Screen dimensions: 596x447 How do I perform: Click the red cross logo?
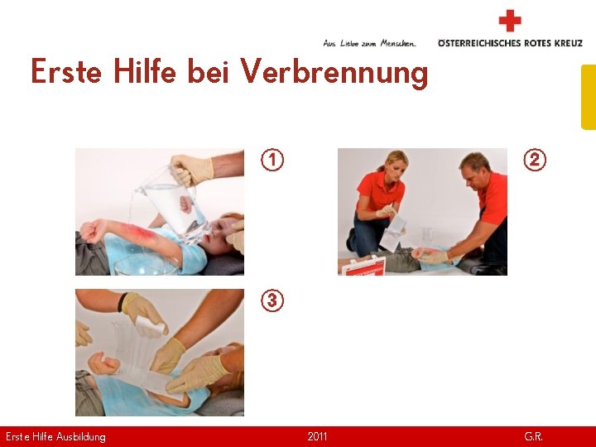[510, 21]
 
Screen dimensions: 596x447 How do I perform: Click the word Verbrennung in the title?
[334, 73]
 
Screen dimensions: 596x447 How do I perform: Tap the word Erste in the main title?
[66, 71]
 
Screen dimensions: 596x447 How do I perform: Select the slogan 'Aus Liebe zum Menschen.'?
[369, 44]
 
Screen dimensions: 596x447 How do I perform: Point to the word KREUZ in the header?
[568, 43]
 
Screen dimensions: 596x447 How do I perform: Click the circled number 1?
[272, 160]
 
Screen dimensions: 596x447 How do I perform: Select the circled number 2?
[535, 160]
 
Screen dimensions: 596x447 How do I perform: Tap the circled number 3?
[272, 300]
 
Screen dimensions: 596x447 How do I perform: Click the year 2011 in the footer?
[317, 436]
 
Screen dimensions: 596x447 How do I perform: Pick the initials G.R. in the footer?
[533, 436]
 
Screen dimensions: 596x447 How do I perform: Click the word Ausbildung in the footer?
[80, 437]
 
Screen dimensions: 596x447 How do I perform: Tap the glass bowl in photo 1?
[147, 265]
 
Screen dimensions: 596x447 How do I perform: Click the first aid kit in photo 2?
[363, 266]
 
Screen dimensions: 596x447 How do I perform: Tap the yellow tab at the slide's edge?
[589, 98]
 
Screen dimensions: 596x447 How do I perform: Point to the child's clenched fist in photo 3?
[103, 363]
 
